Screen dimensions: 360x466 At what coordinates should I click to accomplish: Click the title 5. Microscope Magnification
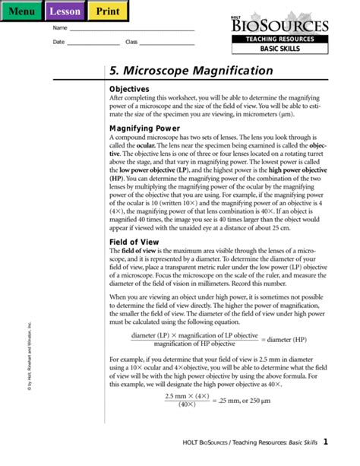(191, 71)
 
